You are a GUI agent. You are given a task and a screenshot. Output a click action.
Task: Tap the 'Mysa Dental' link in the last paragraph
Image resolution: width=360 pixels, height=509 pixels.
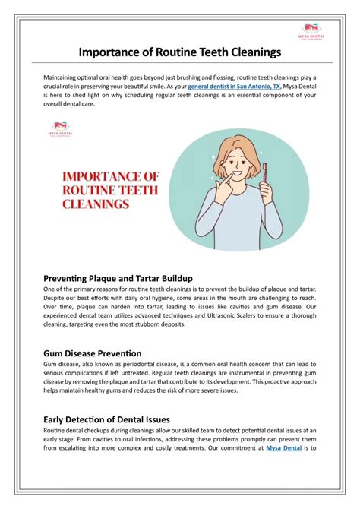pyautogui.click(x=283, y=448)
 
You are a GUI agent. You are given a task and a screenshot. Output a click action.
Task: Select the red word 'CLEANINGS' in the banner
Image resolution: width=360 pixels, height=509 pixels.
pyautogui.click(x=96, y=204)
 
